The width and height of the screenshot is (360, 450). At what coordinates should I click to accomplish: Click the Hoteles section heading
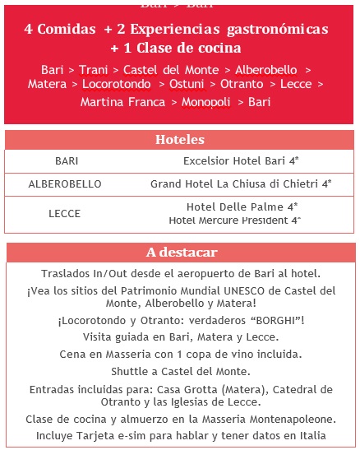[x=179, y=140]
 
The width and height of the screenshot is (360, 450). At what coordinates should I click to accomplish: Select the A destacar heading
[x=179, y=252]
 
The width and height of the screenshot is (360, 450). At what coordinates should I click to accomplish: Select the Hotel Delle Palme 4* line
[x=242, y=207]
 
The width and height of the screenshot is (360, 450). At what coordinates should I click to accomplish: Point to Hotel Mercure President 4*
[x=234, y=220]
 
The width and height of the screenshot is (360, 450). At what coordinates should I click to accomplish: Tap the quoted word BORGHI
[x=268, y=320]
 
